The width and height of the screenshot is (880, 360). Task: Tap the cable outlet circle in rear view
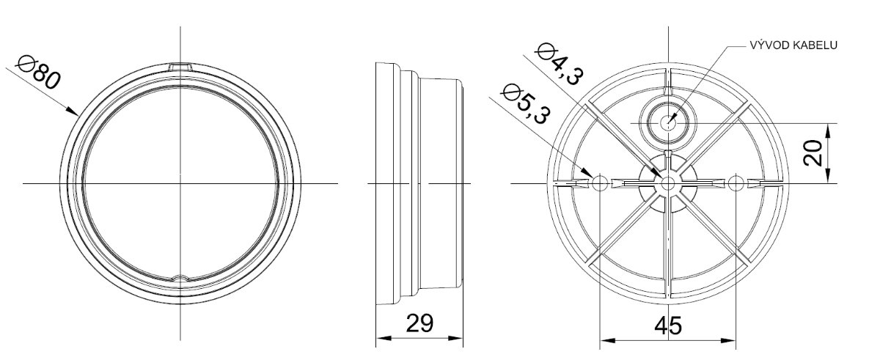coord(667,122)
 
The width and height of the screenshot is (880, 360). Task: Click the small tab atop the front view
coord(180,67)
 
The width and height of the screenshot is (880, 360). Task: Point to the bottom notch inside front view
coord(180,278)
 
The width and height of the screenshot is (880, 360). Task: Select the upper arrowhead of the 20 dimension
coord(828,128)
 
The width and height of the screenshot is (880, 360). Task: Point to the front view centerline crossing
coord(180,182)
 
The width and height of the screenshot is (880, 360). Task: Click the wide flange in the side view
coord(386,183)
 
